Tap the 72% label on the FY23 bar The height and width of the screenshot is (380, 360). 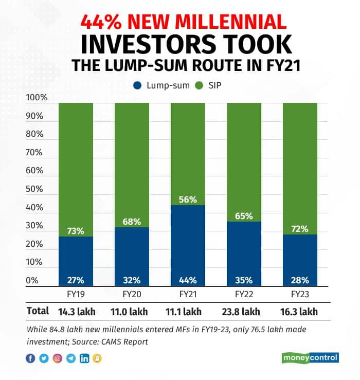[x=300, y=229]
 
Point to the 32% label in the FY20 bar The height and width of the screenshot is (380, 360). [x=132, y=280]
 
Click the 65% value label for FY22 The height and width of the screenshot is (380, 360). [x=244, y=216]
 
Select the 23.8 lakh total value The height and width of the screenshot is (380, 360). [x=243, y=312]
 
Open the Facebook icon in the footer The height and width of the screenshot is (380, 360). [x=30, y=358]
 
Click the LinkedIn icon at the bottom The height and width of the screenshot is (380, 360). [x=84, y=358]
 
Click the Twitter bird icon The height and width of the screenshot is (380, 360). [x=44, y=358]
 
